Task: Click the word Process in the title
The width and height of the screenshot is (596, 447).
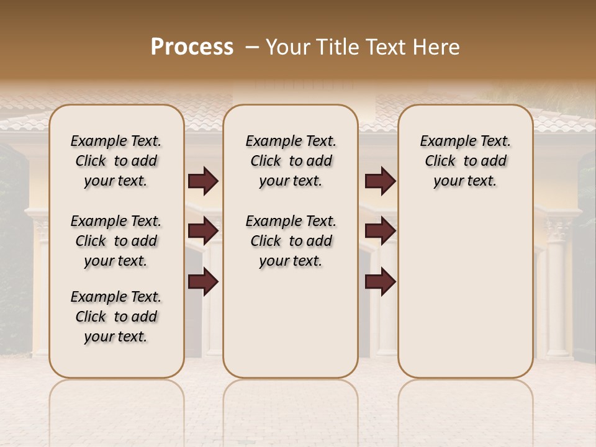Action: (192, 47)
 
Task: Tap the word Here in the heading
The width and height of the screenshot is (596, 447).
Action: (436, 47)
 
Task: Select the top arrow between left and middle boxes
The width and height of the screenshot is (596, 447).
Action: (203, 181)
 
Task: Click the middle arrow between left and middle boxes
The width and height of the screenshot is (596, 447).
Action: (203, 231)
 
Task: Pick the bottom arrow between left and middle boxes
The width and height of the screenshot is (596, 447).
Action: (203, 281)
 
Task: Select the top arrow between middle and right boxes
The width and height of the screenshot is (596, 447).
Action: (380, 181)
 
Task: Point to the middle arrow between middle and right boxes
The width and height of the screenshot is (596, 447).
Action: (380, 231)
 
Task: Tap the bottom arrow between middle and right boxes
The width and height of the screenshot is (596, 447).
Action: (380, 281)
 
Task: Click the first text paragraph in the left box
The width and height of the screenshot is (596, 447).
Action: (116, 161)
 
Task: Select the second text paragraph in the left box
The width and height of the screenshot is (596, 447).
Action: (116, 241)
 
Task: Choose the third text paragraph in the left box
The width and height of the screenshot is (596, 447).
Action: (116, 317)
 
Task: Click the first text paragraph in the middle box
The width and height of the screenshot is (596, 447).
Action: (291, 161)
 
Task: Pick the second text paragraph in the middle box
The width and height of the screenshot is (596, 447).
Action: (291, 241)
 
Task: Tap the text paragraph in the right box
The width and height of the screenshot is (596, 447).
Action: (465, 161)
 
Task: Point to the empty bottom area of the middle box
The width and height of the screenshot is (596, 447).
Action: (291, 329)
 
